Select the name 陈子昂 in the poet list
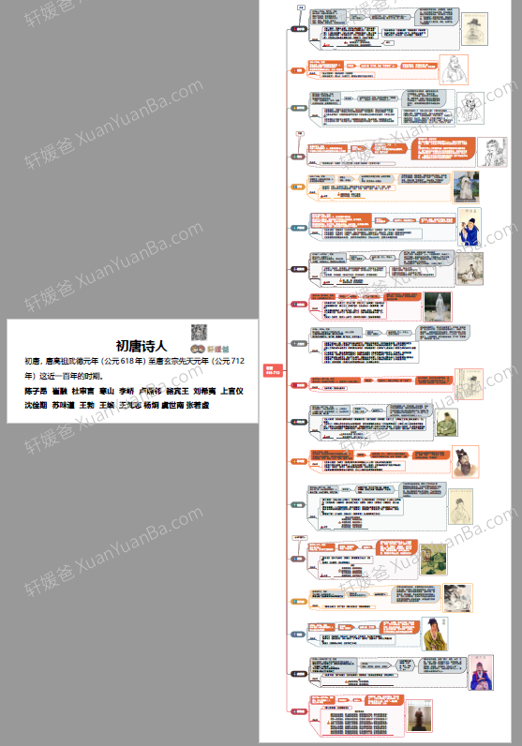[x=36, y=390]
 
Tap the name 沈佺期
[x=36, y=406]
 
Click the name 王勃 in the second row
[x=87, y=406]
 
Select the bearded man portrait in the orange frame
[x=462, y=463]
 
